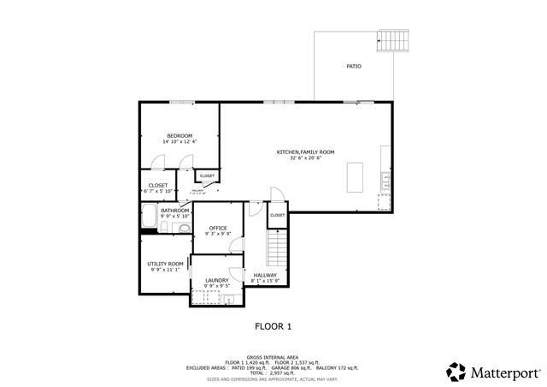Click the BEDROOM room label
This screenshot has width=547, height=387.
[179, 135]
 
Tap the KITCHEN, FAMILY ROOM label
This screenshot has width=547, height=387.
[305, 152]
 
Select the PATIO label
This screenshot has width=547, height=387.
[353, 65]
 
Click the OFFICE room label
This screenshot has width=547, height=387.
[218, 228]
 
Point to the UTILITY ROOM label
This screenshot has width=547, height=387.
[165, 264]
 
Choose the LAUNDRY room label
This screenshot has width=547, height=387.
[217, 280]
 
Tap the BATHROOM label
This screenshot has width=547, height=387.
[175, 211]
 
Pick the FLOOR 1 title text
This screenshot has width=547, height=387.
[273, 326]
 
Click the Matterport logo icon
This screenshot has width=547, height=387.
[456, 372]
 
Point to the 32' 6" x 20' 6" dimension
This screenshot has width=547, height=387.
[305, 158]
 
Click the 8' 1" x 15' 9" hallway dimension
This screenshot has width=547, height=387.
[265, 281]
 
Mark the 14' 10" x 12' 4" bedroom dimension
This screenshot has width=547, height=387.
[179, 141]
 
